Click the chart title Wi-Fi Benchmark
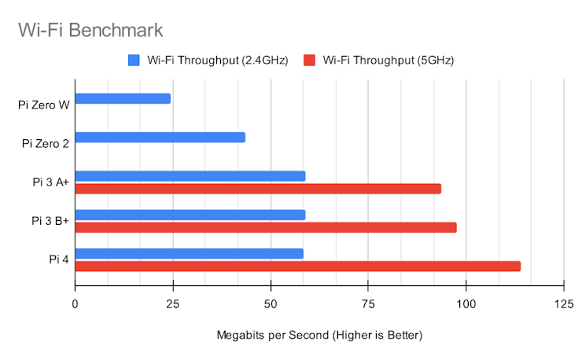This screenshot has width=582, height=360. (x=90, y=31)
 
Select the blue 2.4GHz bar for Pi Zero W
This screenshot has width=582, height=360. (x=123, y=98)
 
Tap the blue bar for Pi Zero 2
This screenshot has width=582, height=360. (x=160, y=137)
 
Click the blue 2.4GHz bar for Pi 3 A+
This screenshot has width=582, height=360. (x=190, y=176)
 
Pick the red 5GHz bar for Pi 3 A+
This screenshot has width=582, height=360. (x=258, y=189)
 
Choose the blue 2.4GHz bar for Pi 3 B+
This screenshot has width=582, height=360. (x=190, y=215)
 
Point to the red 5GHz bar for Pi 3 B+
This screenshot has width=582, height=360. (x=266, y=227)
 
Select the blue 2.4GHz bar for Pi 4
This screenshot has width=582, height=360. (x=190, y=253)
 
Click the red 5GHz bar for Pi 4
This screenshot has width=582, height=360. (x=298, y=266)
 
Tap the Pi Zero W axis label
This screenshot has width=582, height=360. (x=43, y=105)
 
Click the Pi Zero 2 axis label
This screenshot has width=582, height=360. (x=46, y=143)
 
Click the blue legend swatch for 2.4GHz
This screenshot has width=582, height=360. (x=133, y=60)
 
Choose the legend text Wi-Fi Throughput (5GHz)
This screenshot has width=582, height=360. (x=387, y=60)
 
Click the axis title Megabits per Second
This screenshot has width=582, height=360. (x=319, y=336)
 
